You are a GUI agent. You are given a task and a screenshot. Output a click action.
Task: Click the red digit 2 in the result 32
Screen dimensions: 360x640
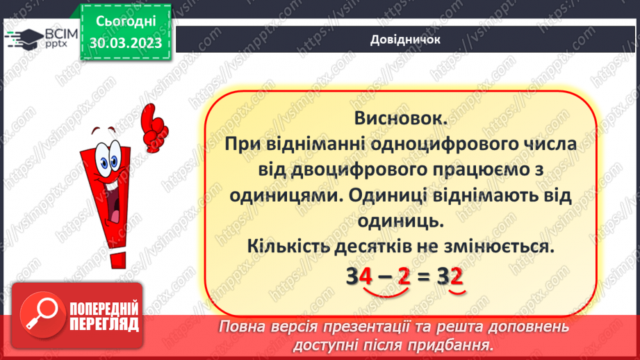coord(457,277)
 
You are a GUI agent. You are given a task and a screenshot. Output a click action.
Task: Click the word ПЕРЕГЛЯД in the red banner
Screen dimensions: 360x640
coord(104,324)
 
